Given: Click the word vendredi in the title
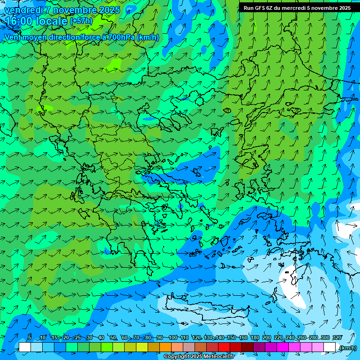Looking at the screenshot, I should click(23, 10).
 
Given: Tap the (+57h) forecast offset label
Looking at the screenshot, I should click(81, 21).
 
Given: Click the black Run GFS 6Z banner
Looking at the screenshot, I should click(297, 7).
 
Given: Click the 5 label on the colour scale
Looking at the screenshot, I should click(30, 338).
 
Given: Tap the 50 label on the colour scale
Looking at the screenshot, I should click(113, 338).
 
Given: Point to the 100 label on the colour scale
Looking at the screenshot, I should click(173, 338).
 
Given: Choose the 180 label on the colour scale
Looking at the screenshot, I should click(255, 338).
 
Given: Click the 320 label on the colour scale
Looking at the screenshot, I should click(337, 338).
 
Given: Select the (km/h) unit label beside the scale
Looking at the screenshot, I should click(348, 348).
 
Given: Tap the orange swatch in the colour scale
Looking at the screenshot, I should click(165, 347).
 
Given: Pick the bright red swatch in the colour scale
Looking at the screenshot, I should click(224, 347).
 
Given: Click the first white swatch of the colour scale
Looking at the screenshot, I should click(25, 347).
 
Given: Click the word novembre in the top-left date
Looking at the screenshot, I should click(68, 10).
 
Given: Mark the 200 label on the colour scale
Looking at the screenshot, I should click(266, 338).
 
